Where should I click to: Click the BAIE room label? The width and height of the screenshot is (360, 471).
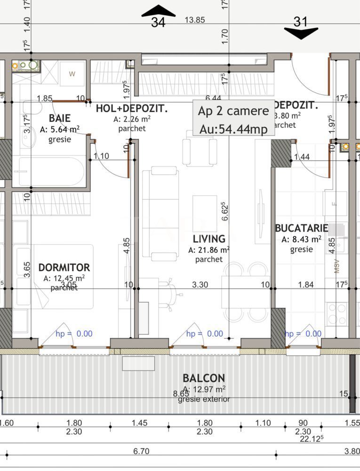[59, 118]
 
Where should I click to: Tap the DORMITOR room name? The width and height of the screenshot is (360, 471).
[64, 268]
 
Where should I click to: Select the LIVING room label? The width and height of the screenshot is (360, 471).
[209, 239]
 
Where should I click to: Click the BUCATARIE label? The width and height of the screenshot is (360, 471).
[301, 228]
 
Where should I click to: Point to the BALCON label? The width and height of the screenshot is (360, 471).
[204, 378]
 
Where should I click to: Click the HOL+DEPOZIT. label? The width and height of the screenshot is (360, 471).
[132, 109]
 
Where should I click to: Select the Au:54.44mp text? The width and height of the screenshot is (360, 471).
[233, 129]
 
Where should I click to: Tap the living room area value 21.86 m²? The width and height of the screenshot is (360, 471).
[209, 250]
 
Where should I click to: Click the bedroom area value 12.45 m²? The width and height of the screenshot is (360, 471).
[64, 278]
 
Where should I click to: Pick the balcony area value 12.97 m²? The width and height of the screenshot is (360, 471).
[204, 389]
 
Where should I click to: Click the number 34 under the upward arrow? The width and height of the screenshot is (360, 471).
[158, 22]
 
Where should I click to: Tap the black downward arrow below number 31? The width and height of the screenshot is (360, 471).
[301, 33]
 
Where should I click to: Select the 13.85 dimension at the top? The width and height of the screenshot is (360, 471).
[195, 20]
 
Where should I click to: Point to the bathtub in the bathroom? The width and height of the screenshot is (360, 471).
[50, 171]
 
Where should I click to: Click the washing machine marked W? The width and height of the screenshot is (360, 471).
[72, 73]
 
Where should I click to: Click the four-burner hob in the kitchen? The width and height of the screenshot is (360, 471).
[337, 313]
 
